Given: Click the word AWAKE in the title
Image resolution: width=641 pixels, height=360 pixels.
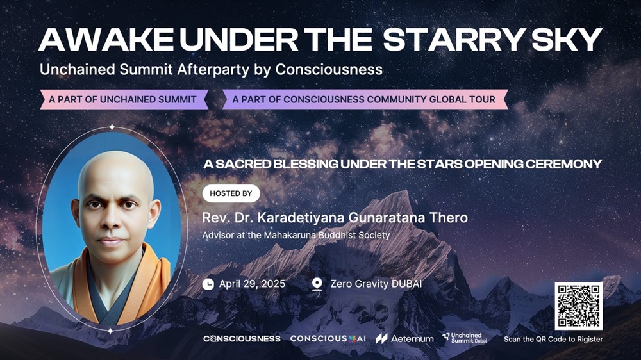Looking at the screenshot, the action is (106, 40).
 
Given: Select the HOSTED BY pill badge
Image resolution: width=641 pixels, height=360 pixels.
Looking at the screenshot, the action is (231, 193).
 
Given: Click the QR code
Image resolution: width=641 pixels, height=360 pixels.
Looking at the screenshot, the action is (578, 306).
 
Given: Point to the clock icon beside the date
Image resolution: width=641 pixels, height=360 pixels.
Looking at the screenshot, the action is (208, 284).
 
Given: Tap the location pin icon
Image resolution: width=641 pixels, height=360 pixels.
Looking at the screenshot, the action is (317, 284).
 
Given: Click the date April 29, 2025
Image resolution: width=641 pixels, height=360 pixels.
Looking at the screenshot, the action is (252, 284).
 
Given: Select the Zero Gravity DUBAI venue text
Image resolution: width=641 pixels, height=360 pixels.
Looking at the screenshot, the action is (376, 284).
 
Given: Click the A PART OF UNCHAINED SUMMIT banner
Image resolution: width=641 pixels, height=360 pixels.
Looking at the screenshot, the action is (124, 99).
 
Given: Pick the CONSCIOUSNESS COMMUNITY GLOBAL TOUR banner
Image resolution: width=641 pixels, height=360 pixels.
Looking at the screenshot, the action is (365, 99).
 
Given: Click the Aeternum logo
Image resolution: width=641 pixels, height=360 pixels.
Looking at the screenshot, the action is (404, 338).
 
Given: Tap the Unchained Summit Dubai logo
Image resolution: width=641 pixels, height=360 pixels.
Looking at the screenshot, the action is (465, 338).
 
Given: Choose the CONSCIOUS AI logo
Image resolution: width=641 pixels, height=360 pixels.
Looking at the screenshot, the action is (328, 339).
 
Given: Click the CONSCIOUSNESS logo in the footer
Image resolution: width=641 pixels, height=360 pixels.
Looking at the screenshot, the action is (242, 339).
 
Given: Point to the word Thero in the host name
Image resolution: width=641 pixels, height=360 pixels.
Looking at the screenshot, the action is (449, 217).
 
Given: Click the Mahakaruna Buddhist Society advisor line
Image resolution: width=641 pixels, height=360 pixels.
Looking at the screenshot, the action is (296, 235).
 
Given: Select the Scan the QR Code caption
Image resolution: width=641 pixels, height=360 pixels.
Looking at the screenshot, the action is (553, 339).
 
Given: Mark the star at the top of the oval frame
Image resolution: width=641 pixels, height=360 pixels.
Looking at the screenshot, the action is (112, 127).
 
